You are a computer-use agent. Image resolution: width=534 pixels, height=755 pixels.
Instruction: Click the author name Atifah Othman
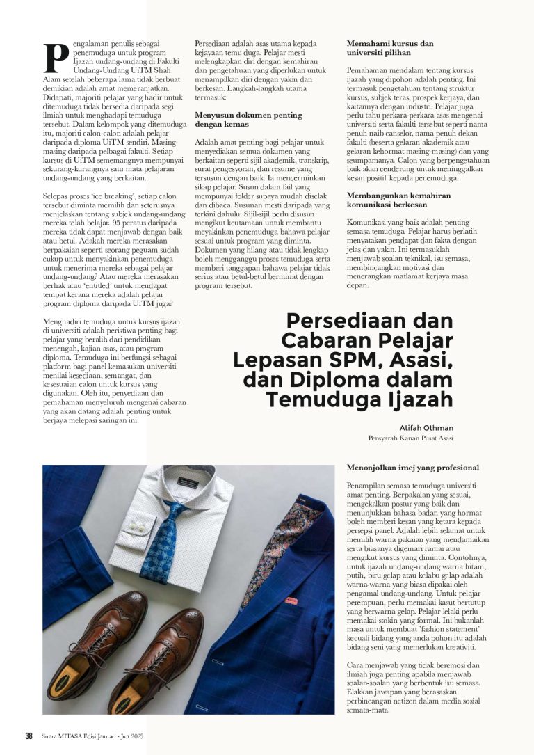426,428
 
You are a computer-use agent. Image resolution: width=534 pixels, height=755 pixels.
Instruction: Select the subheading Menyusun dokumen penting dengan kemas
248,120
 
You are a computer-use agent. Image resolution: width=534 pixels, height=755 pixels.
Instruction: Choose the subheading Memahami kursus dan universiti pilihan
390,47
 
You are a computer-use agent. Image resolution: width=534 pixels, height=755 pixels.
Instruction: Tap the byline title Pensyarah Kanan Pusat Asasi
410,439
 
